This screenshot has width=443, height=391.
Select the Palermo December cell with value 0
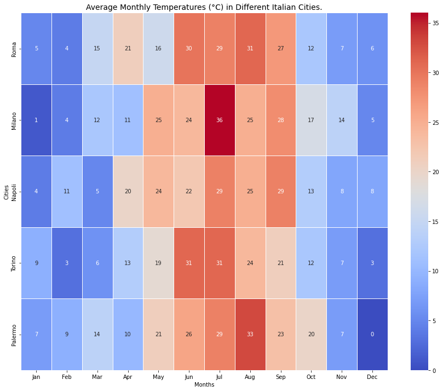click(372, 334)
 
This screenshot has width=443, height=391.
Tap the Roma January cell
click(36, 49)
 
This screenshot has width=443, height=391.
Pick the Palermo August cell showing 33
click(250, 334)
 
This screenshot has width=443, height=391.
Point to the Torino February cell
click(67, 263)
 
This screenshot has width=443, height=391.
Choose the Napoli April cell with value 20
click(128, 192)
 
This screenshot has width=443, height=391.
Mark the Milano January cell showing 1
click(36, 120)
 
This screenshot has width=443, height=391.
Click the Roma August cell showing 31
click(250, 49)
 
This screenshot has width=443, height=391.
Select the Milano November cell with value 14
click(341, 120)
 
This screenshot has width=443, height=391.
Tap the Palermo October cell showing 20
click(310, 334)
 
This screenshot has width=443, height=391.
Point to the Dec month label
click(372, 377)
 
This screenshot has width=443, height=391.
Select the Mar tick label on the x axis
click(97, 377)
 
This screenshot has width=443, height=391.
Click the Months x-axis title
click(204, 384)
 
